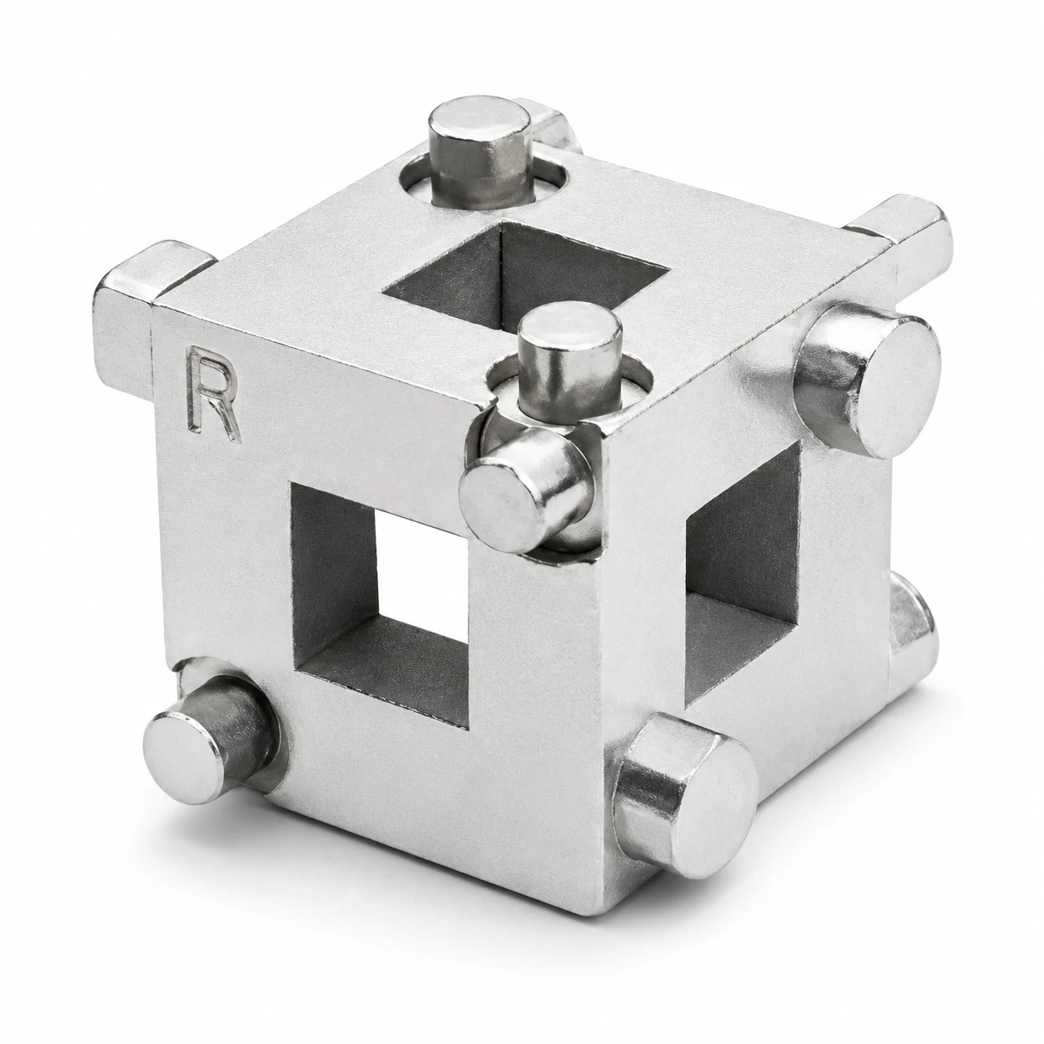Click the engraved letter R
pyautogui.click(x=212, y=395)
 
